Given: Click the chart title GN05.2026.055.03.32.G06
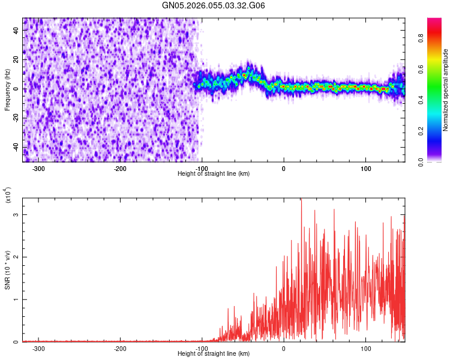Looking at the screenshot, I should [x=214, y=6].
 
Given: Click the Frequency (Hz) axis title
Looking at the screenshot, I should [x=7, y=89].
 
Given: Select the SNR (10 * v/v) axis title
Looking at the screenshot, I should [x=7, y=269].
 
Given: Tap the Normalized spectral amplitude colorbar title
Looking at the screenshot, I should [x=446, y=89].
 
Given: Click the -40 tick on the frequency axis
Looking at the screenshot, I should [x=14, y=148].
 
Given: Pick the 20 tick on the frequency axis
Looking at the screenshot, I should [x=16, y=60].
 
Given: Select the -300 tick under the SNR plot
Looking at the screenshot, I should [x=38, y=348].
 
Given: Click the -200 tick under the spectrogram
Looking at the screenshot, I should [x=120, y=168].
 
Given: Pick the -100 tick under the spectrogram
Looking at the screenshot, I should [x=202, y=168].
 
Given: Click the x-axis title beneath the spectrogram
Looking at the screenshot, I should [x=214, y=174].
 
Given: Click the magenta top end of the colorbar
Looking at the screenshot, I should [x=434, y=21].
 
